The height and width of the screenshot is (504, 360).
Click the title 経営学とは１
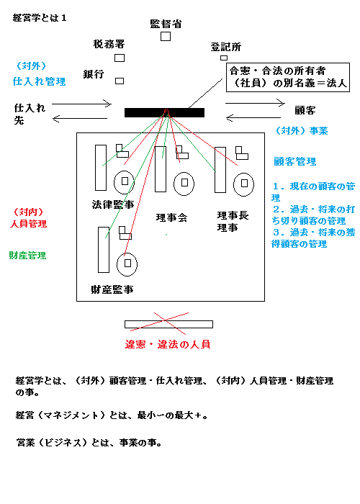(x=40, y=18)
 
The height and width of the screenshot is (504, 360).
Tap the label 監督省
(x=166, y=24)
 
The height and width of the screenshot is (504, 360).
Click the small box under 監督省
(x=166, y=36)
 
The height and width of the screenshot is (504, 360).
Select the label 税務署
(x=109, y=44)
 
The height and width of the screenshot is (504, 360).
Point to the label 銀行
(x=94, y=74)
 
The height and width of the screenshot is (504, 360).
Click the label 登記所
(x=225, y=48)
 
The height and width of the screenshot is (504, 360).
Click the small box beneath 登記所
(x=224, y=58)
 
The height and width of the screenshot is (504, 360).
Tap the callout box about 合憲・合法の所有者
(x=288, y=78)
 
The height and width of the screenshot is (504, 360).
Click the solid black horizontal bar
(x=164, y=112)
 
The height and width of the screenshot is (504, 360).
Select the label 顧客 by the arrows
(x=305, y=111)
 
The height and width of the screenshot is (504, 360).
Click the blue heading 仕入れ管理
(x=39, y=81)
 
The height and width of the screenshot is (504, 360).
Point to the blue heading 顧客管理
(x=295, y=161)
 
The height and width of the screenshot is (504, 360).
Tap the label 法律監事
(x=113, y=204)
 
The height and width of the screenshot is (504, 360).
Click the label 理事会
(x=171, y=218)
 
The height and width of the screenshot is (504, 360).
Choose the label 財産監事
(x=112, y=289)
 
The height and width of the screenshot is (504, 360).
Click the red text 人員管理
(x=28, y=224)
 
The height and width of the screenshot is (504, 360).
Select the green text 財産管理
(x=27, y=256)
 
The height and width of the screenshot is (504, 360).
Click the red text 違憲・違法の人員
(x=168, y=345)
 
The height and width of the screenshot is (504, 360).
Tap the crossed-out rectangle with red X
(x=168, y=324)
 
